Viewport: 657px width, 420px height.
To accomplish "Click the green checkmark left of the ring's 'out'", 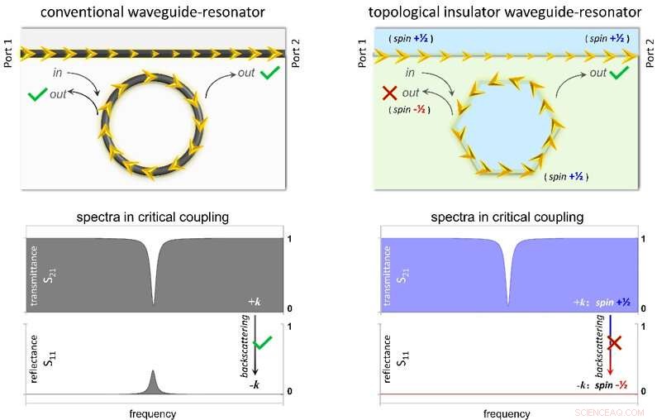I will click(x=37, y=94).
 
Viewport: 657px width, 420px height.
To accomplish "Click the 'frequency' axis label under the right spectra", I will click(x=507, y=413).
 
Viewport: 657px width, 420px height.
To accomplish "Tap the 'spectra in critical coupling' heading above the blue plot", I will click(x=507, y=217).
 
